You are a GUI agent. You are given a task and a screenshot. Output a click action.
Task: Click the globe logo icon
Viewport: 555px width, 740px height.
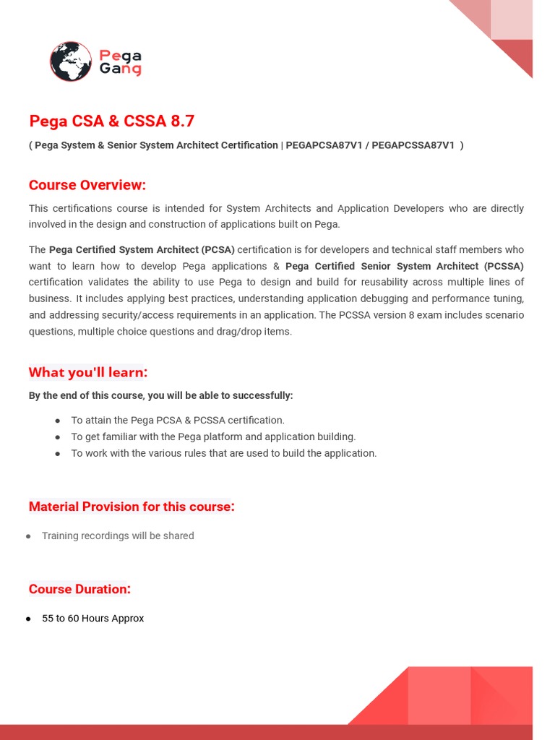tap(71, 61)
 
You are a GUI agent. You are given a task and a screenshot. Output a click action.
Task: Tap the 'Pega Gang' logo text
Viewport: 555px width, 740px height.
tap(120, 62)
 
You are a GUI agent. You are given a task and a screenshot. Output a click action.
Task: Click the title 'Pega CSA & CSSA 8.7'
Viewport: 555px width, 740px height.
tap(112, 121)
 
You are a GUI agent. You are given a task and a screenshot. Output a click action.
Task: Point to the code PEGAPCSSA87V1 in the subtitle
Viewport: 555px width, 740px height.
tap(413, 145)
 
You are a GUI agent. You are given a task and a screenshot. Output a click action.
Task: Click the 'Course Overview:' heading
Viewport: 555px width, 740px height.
tap(87, 185)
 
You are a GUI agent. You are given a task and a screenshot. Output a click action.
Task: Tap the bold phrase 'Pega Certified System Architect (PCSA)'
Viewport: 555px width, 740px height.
tap(142, 250)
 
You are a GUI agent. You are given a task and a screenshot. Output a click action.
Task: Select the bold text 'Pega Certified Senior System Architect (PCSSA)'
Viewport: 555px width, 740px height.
tap(405, 266)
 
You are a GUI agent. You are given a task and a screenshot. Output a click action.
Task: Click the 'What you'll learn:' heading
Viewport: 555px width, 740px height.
tap(88, 372)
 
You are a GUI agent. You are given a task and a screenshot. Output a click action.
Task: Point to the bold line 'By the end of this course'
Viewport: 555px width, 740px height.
tap(160, 395)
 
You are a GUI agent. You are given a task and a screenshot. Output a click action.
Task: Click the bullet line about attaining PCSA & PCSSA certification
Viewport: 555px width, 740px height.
tap(178, 421)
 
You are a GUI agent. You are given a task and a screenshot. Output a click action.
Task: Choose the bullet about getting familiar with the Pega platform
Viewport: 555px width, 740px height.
tap(213, 437)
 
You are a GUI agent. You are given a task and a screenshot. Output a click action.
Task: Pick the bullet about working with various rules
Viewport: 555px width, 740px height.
tap(223, 454)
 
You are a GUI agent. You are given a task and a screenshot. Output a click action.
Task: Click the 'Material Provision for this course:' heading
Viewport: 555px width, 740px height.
tap(132, 507)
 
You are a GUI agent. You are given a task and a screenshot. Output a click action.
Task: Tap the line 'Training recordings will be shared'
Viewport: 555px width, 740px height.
tap(118, 536)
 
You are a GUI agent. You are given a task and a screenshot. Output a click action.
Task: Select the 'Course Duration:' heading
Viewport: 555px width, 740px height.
tap(79, 589)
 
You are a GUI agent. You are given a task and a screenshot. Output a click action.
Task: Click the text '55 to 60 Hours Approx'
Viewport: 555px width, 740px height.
tap(92, 619)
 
